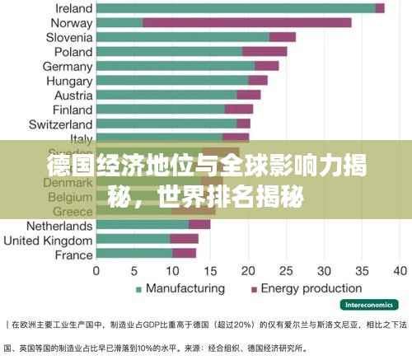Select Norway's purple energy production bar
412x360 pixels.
click(246, 22)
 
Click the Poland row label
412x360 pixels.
click(73, 51)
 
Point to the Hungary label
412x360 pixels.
click(69, 81)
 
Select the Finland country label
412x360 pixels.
click(72, 110)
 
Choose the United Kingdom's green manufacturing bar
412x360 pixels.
click(133, 239)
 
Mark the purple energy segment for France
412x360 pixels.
click(184, 254)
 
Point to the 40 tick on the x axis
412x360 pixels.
click(401, 270)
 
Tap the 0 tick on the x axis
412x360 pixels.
click(96, 270)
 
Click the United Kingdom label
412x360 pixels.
click(48, 240)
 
